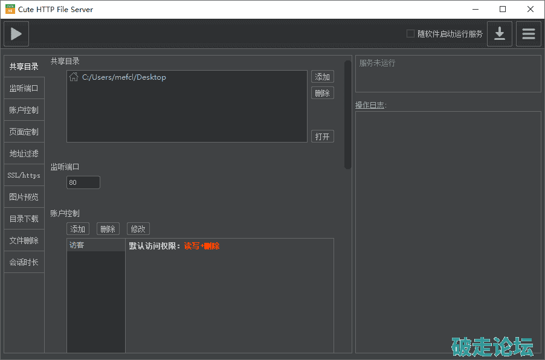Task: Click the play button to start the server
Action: click(x=16, y=34)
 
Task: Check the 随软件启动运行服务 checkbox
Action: click(x=410, y=34)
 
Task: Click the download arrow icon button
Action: click(x=500, y=34)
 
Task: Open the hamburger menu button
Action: click(x=528, y=34)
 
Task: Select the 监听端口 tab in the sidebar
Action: click(x=24, y=88)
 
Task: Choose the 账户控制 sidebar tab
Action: click(x=24, y=110)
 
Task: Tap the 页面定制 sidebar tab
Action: click(x=24, y=132)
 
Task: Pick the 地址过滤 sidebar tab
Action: click(x=24, y=153)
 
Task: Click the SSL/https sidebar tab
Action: click(x=24, y=175)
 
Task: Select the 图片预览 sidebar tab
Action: click(x=24, y=197)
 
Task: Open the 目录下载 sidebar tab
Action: click(x=24, y=219)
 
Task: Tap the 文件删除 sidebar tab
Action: click(x=24, y=240)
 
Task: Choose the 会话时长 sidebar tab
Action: click(x=24, y=262)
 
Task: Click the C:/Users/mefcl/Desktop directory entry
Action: click(x=124, y=77)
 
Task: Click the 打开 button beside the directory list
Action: click(x=323, y=137)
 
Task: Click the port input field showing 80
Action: click(x=83, y=182)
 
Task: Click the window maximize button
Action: click(x=503, y=10)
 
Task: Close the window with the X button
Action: click(x=530, y=10)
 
